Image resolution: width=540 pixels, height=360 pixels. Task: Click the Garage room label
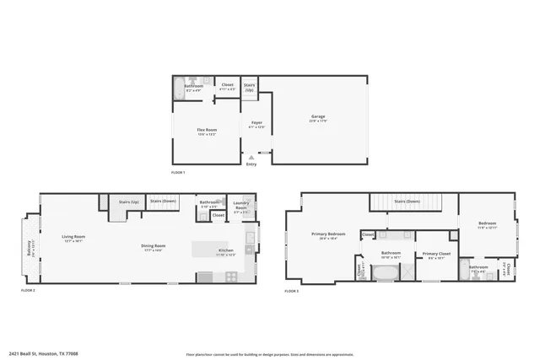318,117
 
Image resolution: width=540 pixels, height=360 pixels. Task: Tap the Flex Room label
208,129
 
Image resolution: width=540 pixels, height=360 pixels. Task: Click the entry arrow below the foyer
251,157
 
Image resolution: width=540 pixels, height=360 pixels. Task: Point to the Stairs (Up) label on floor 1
250,85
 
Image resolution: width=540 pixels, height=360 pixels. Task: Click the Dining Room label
153,247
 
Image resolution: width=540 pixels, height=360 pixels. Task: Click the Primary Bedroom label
328,235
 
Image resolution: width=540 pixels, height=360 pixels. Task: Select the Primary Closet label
436,255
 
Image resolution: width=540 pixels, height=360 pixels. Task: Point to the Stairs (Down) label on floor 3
408,201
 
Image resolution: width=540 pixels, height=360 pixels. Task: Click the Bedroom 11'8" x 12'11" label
488,225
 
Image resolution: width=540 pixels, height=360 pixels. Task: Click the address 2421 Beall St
42,354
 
